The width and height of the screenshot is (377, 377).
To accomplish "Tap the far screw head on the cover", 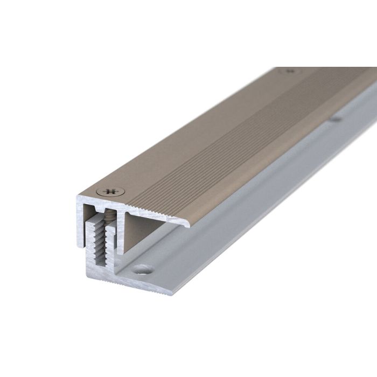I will coord(290,71).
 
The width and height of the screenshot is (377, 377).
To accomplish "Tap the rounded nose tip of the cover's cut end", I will coord(188,224).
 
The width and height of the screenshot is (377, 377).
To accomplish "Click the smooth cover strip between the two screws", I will coord(199,129).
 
